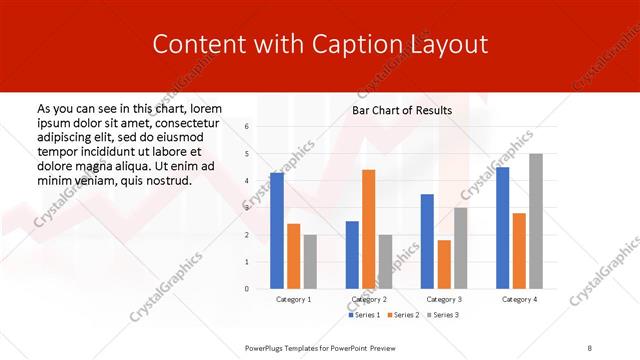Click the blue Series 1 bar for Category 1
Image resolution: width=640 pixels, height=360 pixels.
[277, 231]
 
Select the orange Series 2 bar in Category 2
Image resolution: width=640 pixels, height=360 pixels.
[368, 229]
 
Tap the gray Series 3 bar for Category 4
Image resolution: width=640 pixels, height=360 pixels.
[536, 221]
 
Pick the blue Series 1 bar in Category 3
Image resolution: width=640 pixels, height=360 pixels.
[427, 241]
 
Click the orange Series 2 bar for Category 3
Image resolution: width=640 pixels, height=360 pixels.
[444, 264]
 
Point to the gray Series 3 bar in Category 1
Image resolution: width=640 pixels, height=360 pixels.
[310, 261]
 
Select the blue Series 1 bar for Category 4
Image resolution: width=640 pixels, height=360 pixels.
[502, 228]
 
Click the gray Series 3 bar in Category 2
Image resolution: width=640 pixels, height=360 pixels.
[386, 261]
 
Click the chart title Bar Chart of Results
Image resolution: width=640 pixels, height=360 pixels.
[402, 110]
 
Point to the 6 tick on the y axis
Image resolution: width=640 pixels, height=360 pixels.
[247, 127]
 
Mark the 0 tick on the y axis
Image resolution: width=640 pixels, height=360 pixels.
[247, 289]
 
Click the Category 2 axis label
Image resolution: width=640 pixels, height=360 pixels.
[368, 300]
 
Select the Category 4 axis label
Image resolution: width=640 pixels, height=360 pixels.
[519, 300]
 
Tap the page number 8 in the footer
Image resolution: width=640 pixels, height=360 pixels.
[590, 347]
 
